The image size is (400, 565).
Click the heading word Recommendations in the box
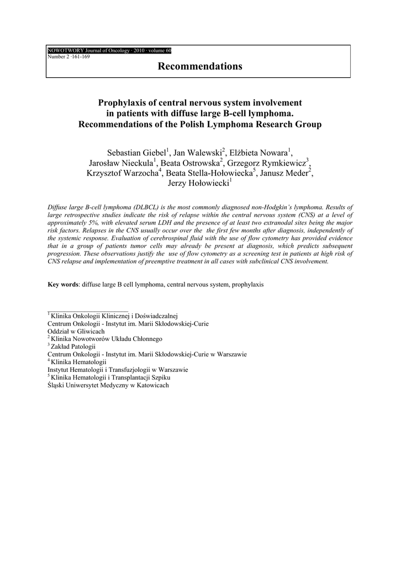200,66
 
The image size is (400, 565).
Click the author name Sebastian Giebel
136,153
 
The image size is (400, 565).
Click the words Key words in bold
63,285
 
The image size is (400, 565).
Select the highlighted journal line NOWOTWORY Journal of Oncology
109,51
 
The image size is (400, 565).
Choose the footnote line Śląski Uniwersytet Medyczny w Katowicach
108,385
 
